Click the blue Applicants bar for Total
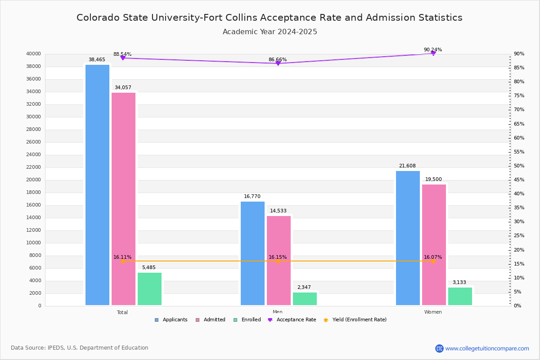[x=97, y=185]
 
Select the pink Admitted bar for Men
[x=279, y=261]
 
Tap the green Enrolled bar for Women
[x=460, y=296]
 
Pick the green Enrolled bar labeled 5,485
[x=149, y=289]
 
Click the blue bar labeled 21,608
[x=408, y=238]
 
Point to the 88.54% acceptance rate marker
[x=123, y=58]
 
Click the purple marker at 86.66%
[x=278, y=63]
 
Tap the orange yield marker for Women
[x=433, y=261]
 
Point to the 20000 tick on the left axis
[x=34, y=180]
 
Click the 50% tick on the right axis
[x=519, y=166]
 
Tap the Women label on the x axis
[x=433, y=312]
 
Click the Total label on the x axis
[x=122, y=312]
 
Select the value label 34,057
[x=123, y=88]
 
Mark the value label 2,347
[x=305, y=287]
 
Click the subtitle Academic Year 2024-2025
[x=270, y=32]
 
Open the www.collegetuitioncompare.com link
[x=487, y=348]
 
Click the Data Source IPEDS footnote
[x=80, y=348]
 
